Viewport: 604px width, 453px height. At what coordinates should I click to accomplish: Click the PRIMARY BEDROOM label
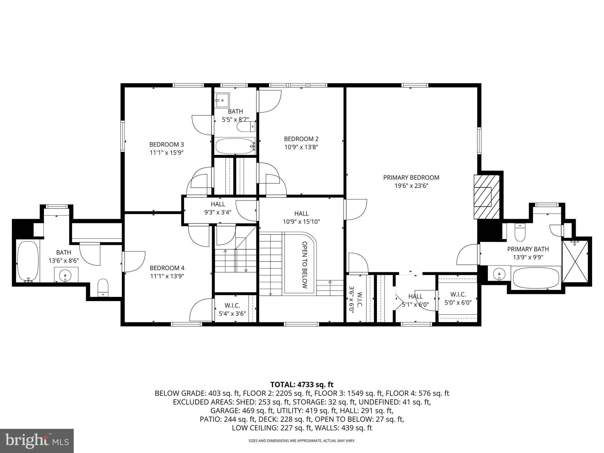(411, 178)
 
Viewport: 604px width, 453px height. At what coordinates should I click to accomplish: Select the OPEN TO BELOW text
(305, 265)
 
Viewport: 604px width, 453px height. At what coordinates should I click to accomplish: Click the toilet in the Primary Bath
(519, 232)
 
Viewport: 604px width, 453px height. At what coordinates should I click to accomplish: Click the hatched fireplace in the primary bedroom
(486, 197)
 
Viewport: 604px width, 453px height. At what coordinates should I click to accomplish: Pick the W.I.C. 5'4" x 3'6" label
(232, 310)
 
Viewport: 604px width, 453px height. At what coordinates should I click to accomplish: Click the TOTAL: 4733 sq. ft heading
(302, 385)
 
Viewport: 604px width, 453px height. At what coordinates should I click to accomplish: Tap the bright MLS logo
(37, 441)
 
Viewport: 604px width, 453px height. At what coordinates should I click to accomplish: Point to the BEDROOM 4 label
(167, 268)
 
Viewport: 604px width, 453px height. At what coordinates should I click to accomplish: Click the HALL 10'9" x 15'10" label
(301, 217)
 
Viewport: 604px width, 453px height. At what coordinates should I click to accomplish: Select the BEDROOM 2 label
(301, 139)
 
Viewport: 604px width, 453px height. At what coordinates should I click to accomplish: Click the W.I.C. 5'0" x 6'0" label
(458, 298)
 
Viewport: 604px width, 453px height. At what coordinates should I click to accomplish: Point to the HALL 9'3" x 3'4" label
(218, 208)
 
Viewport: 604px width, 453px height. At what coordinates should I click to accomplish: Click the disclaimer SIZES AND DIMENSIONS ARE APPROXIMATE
(302, 441)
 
